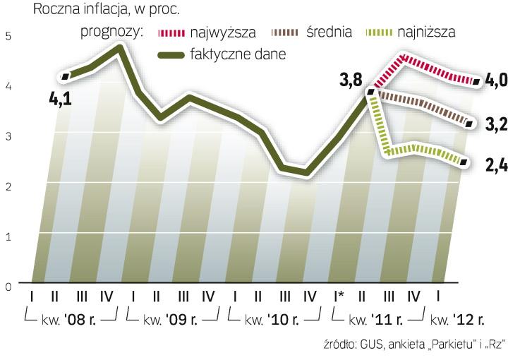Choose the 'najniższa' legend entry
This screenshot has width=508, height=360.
427,32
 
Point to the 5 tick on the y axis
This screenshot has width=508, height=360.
8,35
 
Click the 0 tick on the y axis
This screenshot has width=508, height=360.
8,287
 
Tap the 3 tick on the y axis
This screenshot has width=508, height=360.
8,136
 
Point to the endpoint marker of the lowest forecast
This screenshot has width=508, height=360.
464,162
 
